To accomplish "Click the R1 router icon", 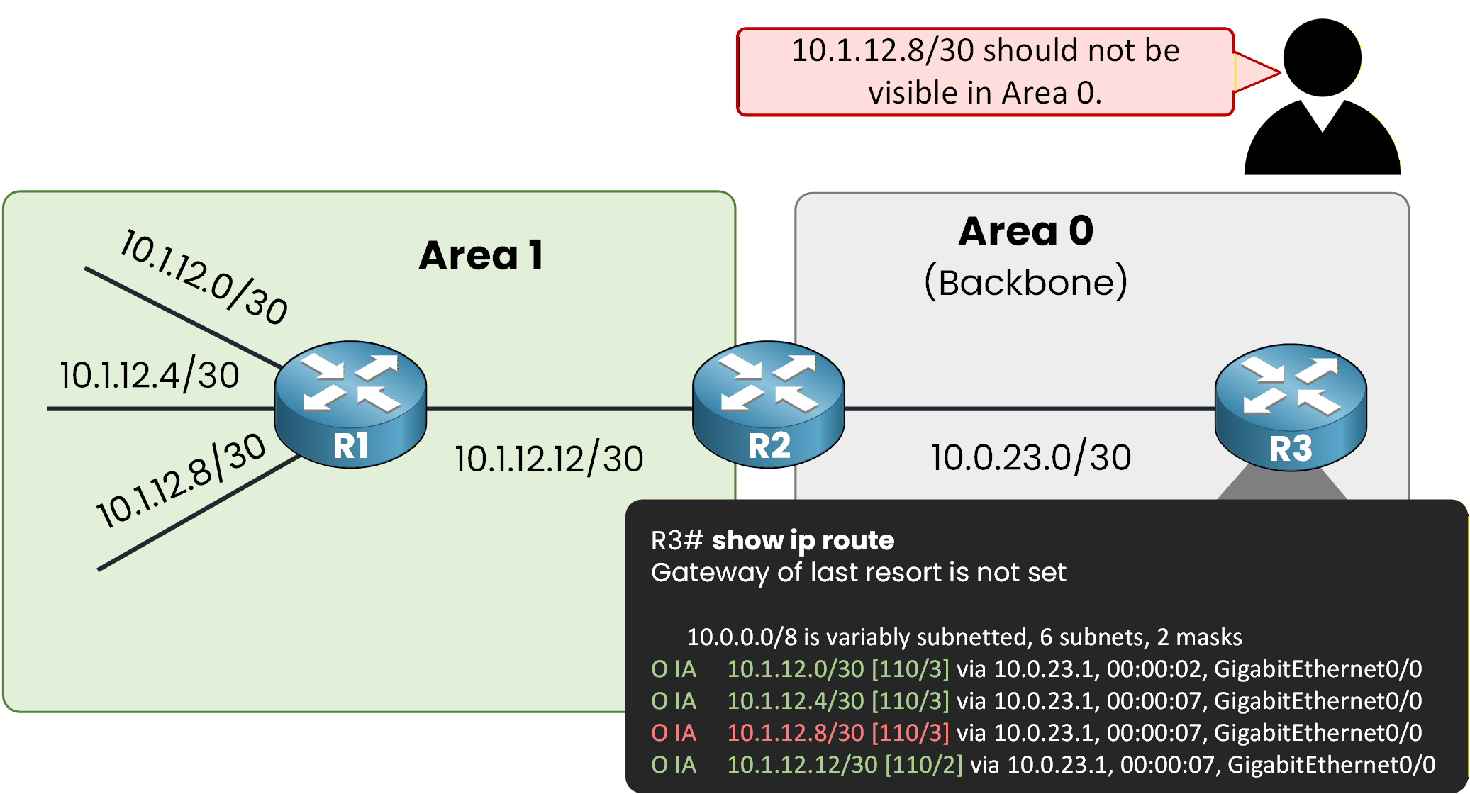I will (350, 404).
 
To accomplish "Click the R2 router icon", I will (768, 404).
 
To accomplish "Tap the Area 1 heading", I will (481, 255).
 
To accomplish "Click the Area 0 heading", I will (1025, 231).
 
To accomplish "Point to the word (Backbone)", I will (1025, 282).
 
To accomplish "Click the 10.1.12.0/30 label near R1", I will (204, 277).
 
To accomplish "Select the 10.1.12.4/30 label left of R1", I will (149, 375).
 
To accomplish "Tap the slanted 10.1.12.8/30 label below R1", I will (182, 480).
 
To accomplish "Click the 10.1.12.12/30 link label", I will (549, 459).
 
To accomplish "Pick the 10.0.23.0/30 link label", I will (1030, 457).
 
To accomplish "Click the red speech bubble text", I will (984, 72).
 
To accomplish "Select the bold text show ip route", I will (803, 540).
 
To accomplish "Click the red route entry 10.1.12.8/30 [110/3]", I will (837, 732).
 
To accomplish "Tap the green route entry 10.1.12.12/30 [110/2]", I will (845, 764).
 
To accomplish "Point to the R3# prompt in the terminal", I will (676, 540).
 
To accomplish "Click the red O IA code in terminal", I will (674, 732).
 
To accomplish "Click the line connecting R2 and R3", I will (1028, 408).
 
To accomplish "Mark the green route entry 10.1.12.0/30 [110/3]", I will (837, 669).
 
